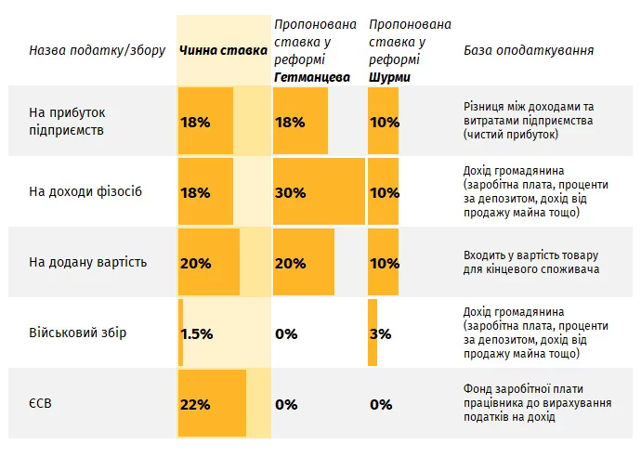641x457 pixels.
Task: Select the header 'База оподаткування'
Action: (x=529, y=50)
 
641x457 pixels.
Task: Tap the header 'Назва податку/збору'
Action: (x=97, y=50)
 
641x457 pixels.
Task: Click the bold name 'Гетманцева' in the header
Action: (x=312, y=77)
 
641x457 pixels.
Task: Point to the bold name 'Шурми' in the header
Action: (x=390, y=77)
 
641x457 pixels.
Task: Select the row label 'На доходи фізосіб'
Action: (x=86, y=192)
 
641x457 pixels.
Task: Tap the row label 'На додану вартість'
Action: (x=88, y=263)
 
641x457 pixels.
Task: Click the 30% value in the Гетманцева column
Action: (x=290, y=193)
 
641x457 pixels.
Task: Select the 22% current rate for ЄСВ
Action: (x=195, y=405)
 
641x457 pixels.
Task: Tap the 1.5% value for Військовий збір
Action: (x=198, y=333)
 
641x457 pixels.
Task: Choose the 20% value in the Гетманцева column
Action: (x=290, y=264)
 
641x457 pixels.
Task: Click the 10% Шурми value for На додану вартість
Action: (x=384, y=264)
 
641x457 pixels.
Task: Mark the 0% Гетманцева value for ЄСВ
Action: (x=286, y=405)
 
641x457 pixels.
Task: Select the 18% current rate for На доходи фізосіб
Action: (x=195, y=193)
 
